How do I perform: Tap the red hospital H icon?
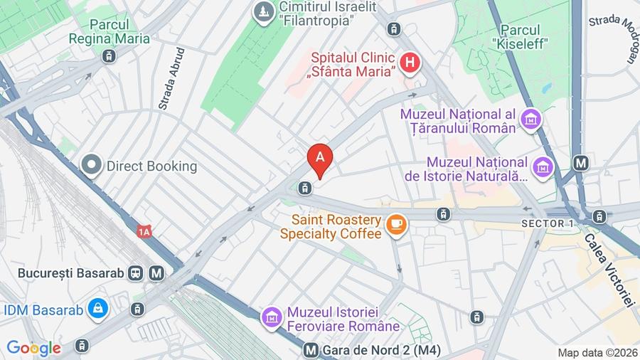click(409, 63)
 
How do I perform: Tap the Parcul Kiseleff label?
click(525, 36)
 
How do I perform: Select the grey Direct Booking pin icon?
click(92, 166)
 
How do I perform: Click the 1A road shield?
click(145, 231)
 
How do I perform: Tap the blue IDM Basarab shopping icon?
click(97, 309)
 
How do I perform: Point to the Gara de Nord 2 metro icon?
click(310, 350)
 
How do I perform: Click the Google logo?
click(33, 348)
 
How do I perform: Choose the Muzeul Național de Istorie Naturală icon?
click(544, 168)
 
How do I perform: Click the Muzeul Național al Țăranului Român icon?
click(530, 120)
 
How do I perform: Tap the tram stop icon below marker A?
click(304, 188)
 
